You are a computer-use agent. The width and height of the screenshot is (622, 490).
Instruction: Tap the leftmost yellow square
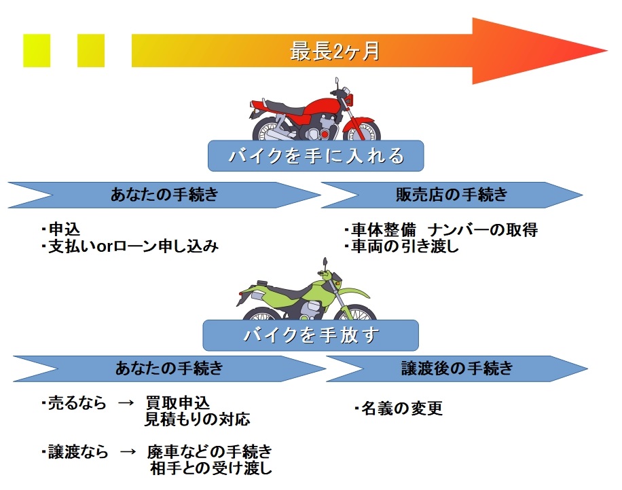(x=37, y=51)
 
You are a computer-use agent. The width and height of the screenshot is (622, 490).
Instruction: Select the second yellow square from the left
(x=91, y=51)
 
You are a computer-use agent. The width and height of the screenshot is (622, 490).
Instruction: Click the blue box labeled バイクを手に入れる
(x=315, y=157)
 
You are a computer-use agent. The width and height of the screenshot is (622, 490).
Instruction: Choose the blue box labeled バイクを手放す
(x=311, y=335)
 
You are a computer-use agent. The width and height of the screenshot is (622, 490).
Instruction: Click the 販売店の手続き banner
(x=452, y=195)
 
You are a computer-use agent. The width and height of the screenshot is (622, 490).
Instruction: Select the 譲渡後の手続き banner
(x=456, y=369)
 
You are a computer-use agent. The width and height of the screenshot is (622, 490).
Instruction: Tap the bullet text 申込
(x=64, y=229)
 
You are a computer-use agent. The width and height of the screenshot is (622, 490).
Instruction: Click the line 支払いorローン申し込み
(x=132, y=246)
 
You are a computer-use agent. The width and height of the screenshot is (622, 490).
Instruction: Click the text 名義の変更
(x=401, y=408)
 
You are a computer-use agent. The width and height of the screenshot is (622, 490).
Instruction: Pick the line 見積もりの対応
(x=197, y=419)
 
